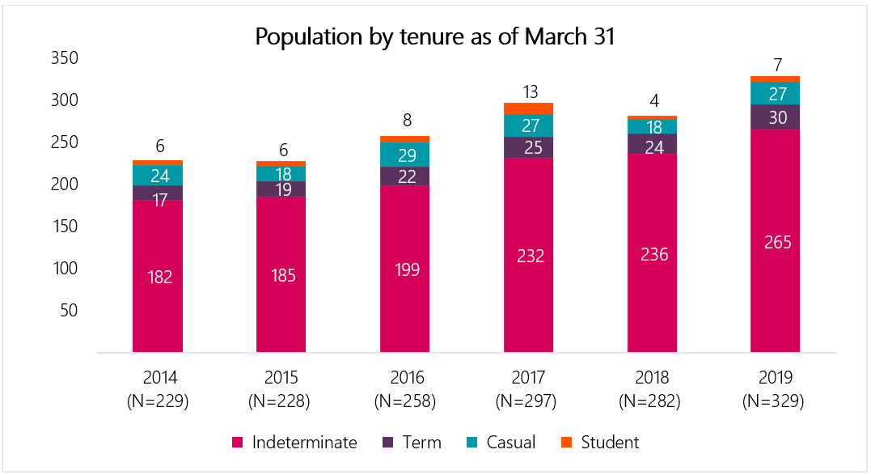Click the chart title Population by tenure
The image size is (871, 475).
[435, 36]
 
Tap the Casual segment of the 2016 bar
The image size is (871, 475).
[405, 154]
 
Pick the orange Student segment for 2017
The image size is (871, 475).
[528, 108]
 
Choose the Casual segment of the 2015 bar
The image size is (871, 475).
[281, 173]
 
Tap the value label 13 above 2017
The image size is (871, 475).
[529, 91]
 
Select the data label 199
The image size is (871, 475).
[405, 269]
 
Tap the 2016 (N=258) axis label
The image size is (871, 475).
[405, 389]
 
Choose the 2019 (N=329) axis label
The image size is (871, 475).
[775, 389]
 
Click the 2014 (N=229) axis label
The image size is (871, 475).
[159, 389]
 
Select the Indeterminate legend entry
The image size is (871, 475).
[294, 443]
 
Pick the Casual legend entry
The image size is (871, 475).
[501, 443]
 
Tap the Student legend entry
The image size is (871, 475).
[599, 443]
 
